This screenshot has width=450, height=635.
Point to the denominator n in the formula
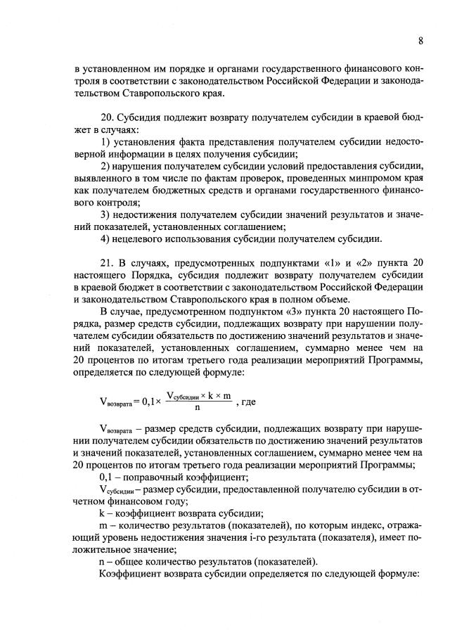198,407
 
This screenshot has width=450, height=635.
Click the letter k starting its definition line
102,513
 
